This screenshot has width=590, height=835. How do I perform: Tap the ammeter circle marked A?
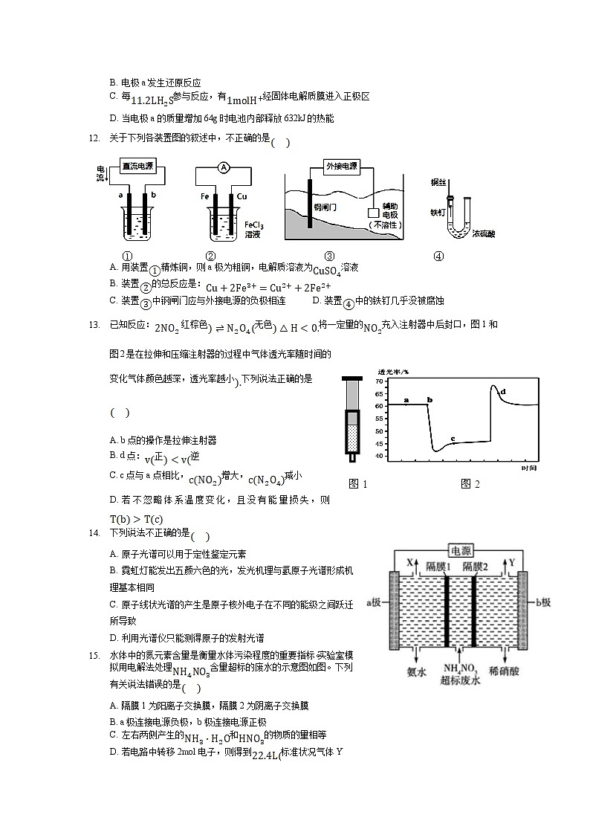[x=222, y=168]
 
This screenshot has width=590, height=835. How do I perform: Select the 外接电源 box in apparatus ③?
[x=342, y=166]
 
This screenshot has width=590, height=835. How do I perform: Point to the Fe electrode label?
[x=204, y=196]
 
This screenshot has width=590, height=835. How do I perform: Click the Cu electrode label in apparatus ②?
[x=241, y=196]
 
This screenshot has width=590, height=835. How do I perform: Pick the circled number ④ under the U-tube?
[x=438, y=257]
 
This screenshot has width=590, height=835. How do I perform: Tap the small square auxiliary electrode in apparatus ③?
[x=373, y=212]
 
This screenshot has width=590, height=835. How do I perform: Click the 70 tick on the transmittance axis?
[x=380, y=381]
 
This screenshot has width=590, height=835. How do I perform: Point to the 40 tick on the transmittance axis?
[x=380, y=456]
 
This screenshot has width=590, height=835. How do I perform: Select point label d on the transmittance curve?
[x=504, y=391]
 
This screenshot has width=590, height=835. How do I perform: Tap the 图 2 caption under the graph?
[x=470, y=484]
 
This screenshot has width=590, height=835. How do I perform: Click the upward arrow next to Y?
[x=502, y=564]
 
